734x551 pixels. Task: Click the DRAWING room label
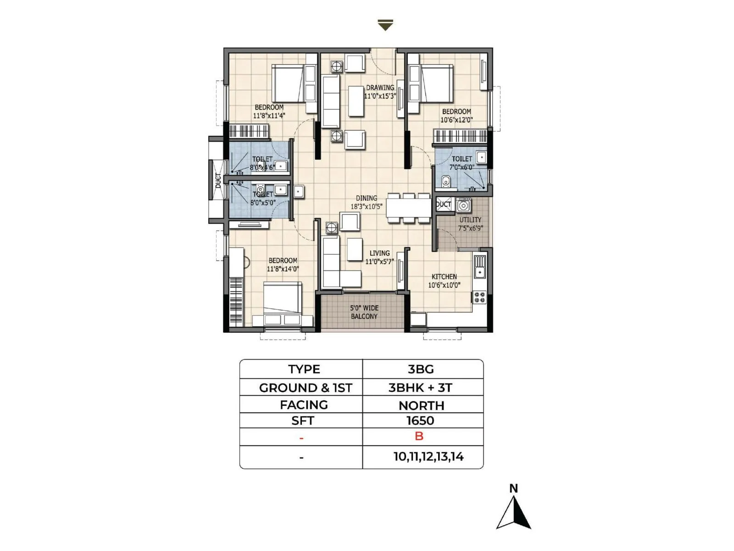click(x=380, y=87)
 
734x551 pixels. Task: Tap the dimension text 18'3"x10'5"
click(x=366, y=207)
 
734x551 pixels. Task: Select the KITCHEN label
click(x=444, y=276)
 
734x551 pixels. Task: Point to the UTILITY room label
click(x=470, y=219)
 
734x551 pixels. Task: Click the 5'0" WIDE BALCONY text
click(x=364, y=312)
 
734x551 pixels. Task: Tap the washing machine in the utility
click(x=463, y=205)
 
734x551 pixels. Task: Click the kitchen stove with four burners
click(x=479, y=297)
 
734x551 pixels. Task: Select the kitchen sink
click(x=479, y=266)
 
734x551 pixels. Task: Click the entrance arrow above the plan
click(x=385, y=25)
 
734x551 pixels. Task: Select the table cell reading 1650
click(x=420, y=421)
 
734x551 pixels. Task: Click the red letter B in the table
click(x=419, y=436)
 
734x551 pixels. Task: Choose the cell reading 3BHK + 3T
click(x=420, y=388)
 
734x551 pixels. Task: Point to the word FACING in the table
click(x=304, y=405)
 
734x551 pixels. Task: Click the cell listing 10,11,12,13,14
click(x=428, y=457)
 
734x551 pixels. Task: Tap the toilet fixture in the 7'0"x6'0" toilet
click(x=445, y=182)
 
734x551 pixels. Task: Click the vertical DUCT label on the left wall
click(x=218, y=180)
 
